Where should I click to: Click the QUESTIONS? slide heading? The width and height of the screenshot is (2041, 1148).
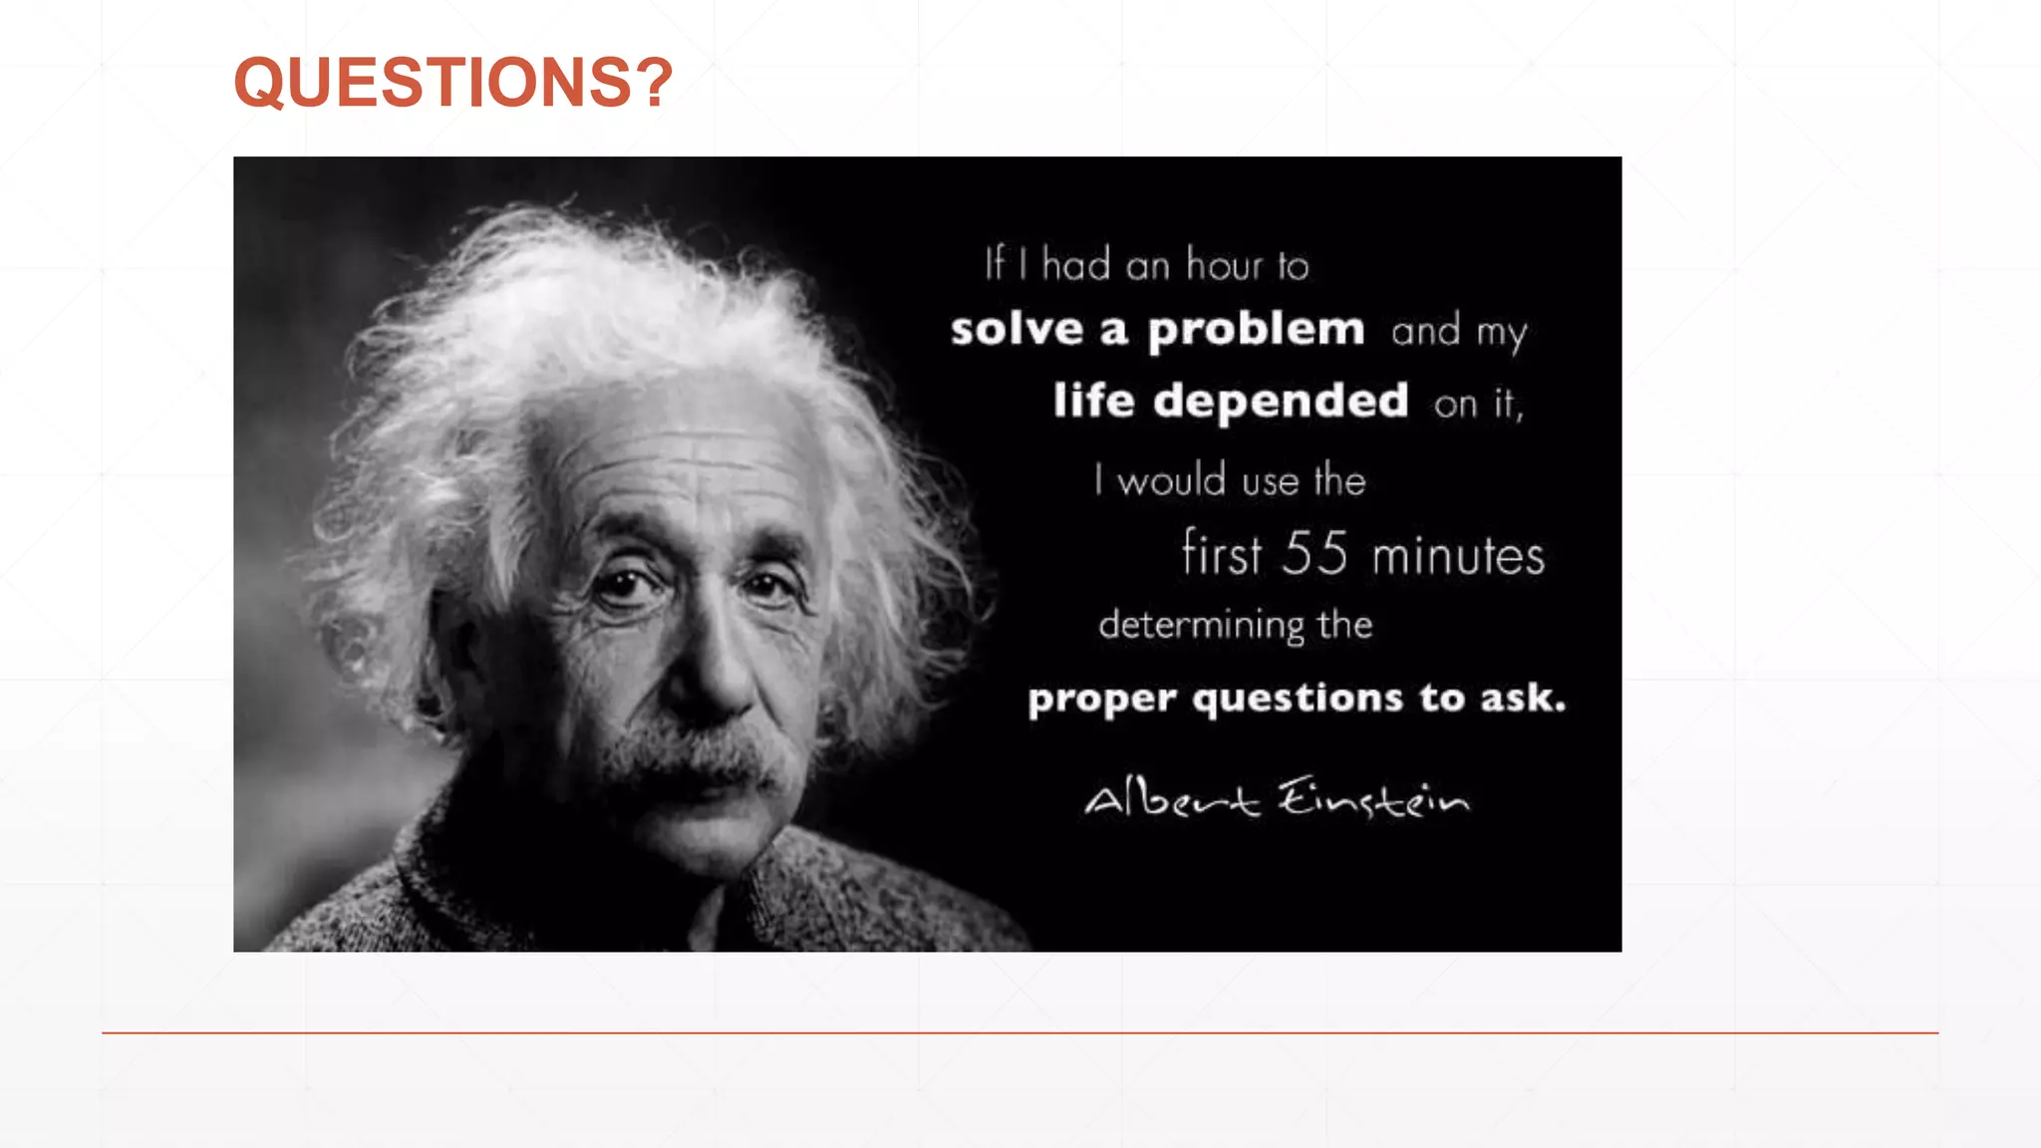tap(453, 82)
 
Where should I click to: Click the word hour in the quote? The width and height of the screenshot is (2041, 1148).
tap(1225, 265)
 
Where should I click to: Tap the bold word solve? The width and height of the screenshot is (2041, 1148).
tap(1017, 329)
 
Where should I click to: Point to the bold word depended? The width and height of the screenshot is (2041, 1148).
tap(1281, 402)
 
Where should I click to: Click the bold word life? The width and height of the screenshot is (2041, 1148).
tap(1093, 401)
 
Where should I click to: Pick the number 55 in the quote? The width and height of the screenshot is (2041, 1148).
tap(1314, 553)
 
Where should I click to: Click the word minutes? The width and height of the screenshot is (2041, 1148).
tap(1458, 556)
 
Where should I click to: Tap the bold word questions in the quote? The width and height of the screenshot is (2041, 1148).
tap(1298, 699)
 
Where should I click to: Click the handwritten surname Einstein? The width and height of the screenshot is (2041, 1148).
tap(1373, 799)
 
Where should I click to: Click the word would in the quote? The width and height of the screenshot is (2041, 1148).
tap(1172, 481)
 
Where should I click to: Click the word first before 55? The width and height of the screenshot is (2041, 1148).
tap(1222, 554)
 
